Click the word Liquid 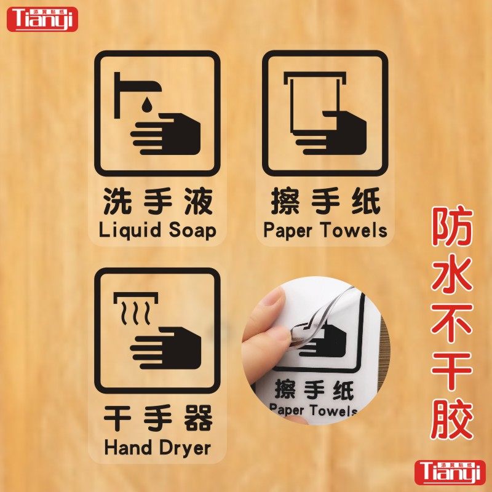click(x=130, y=231)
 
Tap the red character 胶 click(x=452, y=418)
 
